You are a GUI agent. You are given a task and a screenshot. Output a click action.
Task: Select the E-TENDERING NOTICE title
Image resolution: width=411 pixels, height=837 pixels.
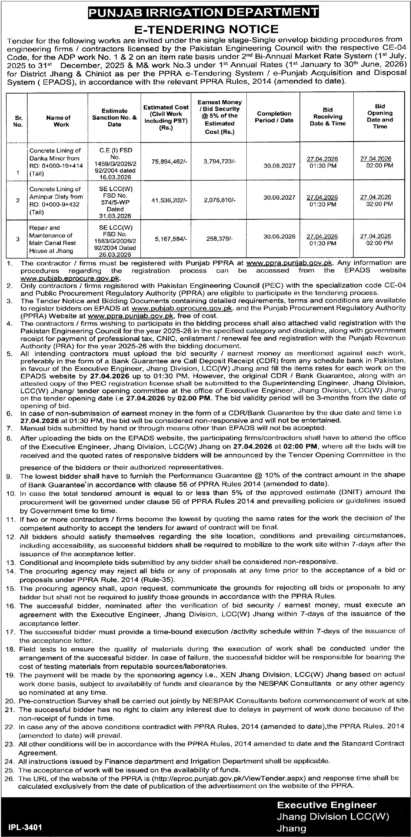206,29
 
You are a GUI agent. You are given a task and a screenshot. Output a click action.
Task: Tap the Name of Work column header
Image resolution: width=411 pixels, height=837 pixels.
58,121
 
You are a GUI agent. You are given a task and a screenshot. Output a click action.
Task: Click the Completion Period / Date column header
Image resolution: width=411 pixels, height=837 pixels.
274,117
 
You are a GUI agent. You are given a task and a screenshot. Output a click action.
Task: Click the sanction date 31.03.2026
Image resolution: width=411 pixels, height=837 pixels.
115,216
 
